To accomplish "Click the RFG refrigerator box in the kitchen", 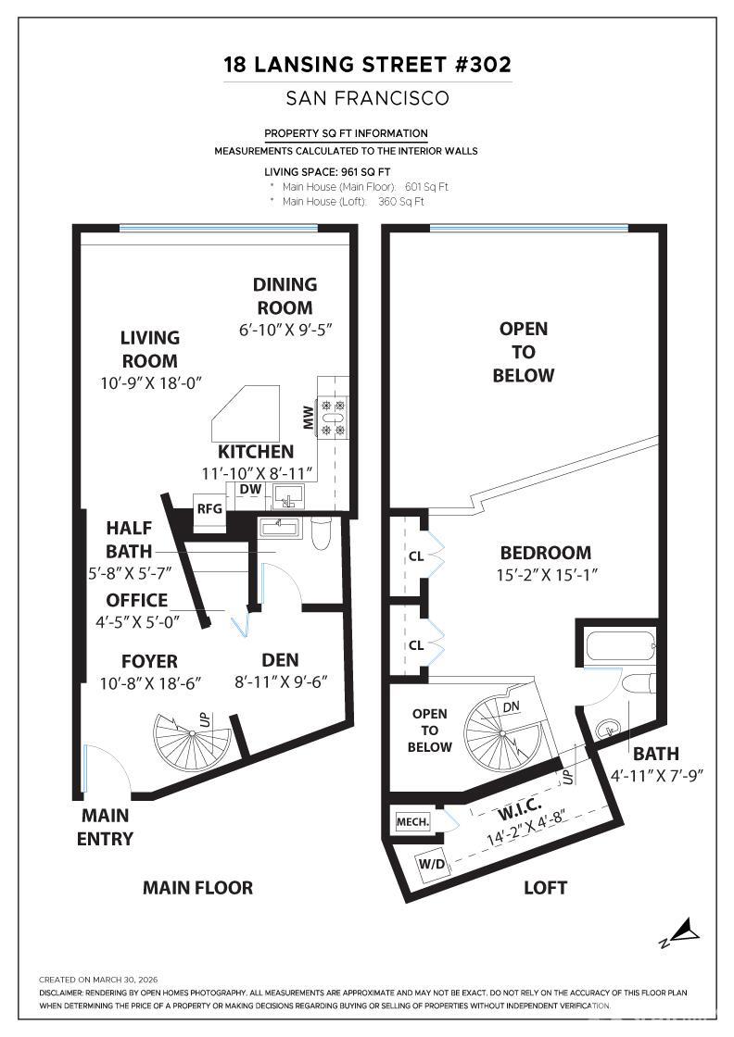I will coord(209,507).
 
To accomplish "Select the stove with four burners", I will coord(332,417).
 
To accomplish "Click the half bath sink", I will coord(279,527).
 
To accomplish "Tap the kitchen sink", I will coord(288,499).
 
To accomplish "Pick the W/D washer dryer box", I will coord(431,864).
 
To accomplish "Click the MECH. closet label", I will coord(412,821).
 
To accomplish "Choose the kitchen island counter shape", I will coord(245,413).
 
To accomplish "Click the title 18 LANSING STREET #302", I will coord(367,65).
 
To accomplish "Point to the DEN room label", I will coord(280,659).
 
